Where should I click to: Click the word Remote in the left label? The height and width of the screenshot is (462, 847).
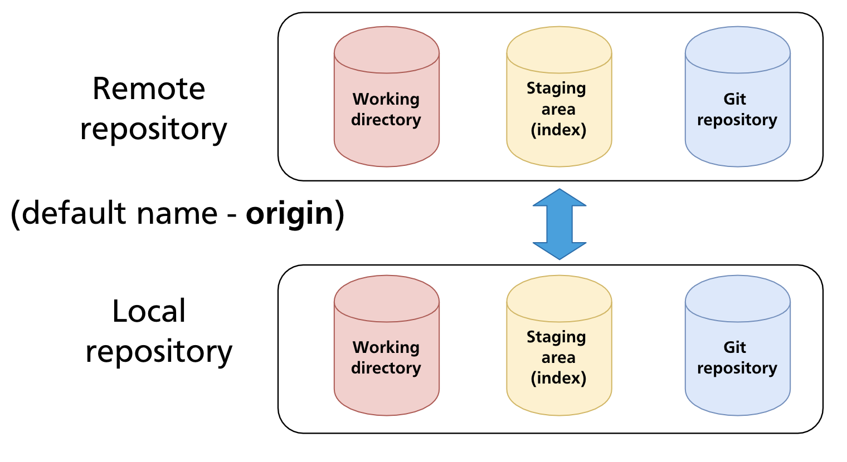pos(149,89)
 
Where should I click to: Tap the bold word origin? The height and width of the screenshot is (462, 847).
pos(289,214)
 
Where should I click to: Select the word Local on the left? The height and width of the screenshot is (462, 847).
pos(149,311)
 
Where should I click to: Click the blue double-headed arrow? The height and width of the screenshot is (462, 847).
pos(559,224)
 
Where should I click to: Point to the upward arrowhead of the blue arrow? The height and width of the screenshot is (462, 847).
pos(559,198)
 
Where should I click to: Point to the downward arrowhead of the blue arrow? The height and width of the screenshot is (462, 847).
pos(559,250)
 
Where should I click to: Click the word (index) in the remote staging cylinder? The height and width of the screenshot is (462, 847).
pos(558,130)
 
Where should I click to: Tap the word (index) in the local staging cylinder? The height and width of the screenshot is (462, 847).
pos(558,379)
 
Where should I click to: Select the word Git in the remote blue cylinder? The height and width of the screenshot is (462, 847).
pos(734,99)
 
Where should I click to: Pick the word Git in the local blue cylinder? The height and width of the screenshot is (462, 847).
pos(734,347)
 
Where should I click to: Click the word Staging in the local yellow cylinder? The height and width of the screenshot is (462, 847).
pos(556,337)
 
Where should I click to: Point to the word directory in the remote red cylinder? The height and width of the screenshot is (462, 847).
pos(386,120)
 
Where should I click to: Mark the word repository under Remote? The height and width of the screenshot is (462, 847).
pos(153,130)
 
